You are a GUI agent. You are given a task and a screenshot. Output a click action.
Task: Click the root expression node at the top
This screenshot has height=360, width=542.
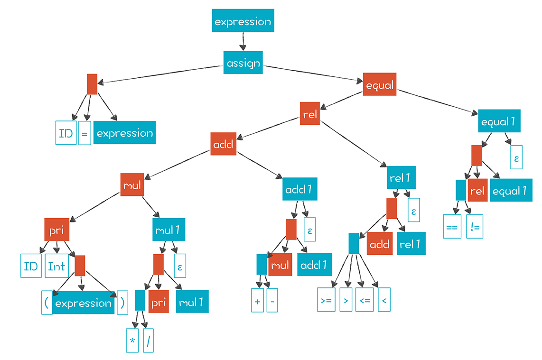click(x=243, y=22)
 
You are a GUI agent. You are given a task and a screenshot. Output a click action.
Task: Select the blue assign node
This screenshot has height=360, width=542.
click(x=243, y=63)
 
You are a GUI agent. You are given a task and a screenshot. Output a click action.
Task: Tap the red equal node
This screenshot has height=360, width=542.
click(x=380, y=84)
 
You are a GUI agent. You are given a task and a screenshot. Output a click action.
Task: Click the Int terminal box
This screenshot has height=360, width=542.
click(x=56, y=266)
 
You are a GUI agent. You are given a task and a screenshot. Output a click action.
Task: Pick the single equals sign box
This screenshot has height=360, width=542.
click(x=84, y=133)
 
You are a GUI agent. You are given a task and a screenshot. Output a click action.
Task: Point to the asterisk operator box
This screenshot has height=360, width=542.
click(x=132, y=342)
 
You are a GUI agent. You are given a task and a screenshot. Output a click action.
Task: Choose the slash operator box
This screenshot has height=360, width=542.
click(x=149, y=342)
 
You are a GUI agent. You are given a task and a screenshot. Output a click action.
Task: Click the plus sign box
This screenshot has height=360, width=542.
click(x=257, y=302)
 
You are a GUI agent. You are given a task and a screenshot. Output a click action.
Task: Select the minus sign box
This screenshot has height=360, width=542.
click(x=272, y=302)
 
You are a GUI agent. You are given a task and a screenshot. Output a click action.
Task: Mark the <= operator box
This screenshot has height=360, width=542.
click(x=364, y=301)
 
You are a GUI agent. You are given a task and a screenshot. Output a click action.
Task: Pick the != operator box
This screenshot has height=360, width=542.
click(x=474, y=227)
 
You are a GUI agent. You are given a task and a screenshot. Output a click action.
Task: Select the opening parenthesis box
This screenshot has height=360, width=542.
click(x=47, y=303)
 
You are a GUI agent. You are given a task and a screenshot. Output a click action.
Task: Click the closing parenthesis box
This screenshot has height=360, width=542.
click(x=122, y=303)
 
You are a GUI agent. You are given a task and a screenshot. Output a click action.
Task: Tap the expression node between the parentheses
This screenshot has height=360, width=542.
click(x=84, y=303)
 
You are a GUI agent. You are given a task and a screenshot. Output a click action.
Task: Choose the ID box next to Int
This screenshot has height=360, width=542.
click(x=30, y=266)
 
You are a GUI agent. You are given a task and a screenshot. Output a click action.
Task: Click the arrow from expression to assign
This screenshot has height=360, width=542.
click(x=243, y=41)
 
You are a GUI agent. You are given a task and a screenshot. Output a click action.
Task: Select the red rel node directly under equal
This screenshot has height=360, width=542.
click(x=310, y=114)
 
